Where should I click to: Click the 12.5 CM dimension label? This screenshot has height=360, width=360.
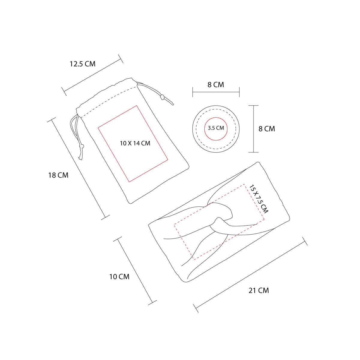[82, 64]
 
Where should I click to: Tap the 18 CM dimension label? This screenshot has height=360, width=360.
[58, 175]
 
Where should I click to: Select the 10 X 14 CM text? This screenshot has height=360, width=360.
[135, 143]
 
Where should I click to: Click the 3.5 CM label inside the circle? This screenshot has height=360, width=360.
[216, 128]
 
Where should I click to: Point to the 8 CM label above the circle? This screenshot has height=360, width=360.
[216, 85]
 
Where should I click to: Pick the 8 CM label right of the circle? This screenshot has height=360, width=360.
[267, 129]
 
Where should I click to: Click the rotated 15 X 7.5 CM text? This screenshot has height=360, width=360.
[259, 199]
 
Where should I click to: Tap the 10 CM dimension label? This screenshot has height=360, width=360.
[119, 277]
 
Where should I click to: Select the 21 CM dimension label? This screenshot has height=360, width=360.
[259, 290]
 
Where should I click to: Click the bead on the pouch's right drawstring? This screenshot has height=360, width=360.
[162, 97]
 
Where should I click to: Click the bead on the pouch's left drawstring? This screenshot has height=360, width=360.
[82, 146]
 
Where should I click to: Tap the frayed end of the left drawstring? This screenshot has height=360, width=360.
[80, 158]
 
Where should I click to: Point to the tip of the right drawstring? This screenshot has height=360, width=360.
[173, 104]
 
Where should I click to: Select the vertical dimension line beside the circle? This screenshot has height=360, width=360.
[253, 129]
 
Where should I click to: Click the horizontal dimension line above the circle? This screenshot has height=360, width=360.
[216, 92]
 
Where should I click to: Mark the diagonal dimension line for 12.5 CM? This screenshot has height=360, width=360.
[92, 75]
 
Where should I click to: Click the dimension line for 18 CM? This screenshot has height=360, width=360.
[78, 169]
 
